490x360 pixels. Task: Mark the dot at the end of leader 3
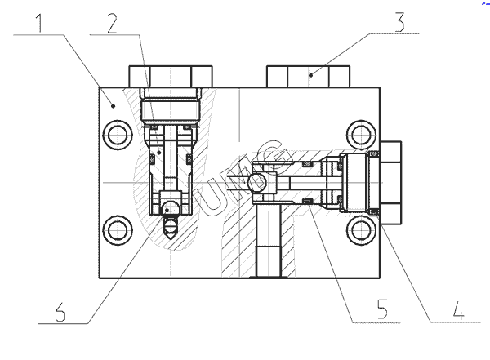[312, 74]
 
